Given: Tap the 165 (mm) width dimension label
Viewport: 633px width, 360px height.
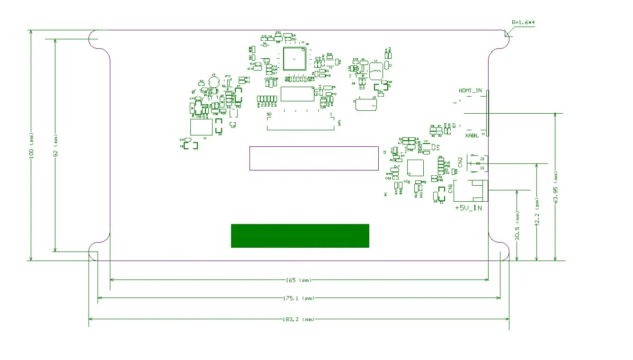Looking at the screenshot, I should pos(299,280).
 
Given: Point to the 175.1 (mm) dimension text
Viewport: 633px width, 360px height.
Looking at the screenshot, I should pos(299,298).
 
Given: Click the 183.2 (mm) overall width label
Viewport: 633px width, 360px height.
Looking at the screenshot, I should pos(299,319).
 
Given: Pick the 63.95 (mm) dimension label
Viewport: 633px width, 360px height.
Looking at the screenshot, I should pos(556,187).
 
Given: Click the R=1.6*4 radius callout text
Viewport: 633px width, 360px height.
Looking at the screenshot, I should pos(523,22).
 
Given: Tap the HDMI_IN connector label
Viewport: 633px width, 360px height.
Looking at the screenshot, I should pos(470,90).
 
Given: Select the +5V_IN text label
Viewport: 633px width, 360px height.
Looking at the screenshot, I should pos(468,208).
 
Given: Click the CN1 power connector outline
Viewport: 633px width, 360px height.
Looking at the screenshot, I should pos(470,191).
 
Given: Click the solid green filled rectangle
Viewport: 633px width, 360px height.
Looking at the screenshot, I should pos(300,235).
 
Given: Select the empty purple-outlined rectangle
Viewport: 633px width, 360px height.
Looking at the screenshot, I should pos(313,158).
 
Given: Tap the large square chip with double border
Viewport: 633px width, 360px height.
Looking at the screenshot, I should pos(294,59).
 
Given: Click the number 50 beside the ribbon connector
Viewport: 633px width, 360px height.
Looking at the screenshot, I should pos(269,115).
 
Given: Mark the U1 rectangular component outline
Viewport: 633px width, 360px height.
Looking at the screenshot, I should pos(201,127).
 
